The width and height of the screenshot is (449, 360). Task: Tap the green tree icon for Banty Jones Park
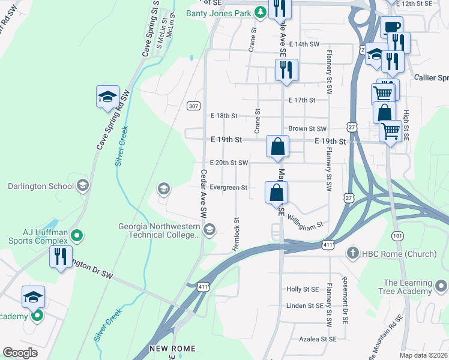(259, 12)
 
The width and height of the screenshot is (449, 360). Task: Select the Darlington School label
(41, 186)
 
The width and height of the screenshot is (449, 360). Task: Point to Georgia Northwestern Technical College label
(157, 231)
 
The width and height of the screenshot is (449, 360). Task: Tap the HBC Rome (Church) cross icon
(354, 254)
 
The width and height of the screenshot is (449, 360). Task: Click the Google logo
(20, 353)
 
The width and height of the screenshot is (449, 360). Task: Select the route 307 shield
(193, 106)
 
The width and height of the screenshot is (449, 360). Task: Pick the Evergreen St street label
(229, 188)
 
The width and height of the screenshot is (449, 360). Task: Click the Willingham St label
(306, 221)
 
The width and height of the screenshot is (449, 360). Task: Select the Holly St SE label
(303, 289)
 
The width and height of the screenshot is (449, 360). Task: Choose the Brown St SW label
(307, 128)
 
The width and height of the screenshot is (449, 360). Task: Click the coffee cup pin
(391, 28)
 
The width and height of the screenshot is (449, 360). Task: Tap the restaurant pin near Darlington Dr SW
(61, 257)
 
